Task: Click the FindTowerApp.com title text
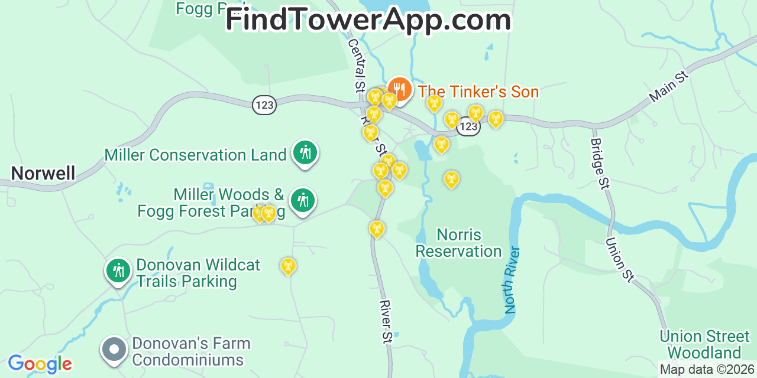tap(368, 20)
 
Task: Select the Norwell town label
tap(43, 174)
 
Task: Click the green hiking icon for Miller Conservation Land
tap(305, 153)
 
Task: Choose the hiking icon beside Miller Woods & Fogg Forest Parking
tap(303, 201)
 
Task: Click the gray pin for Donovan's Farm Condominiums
tap(114, 350)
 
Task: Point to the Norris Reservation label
tap(458, 243)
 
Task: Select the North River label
tap(512, 280)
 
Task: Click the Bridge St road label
tap(600, 164)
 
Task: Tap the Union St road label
tap(620, 259)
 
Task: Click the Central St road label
tap(356, 65)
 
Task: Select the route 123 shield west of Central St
tap(264, 105)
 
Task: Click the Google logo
tap(40, 364)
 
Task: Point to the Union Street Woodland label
tap(704, 345)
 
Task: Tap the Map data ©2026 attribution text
tap(706, 370)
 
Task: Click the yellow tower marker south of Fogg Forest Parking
tap(288, 266)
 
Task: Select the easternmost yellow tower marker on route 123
tap(496, 119)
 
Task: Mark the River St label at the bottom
tap(386, 322)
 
